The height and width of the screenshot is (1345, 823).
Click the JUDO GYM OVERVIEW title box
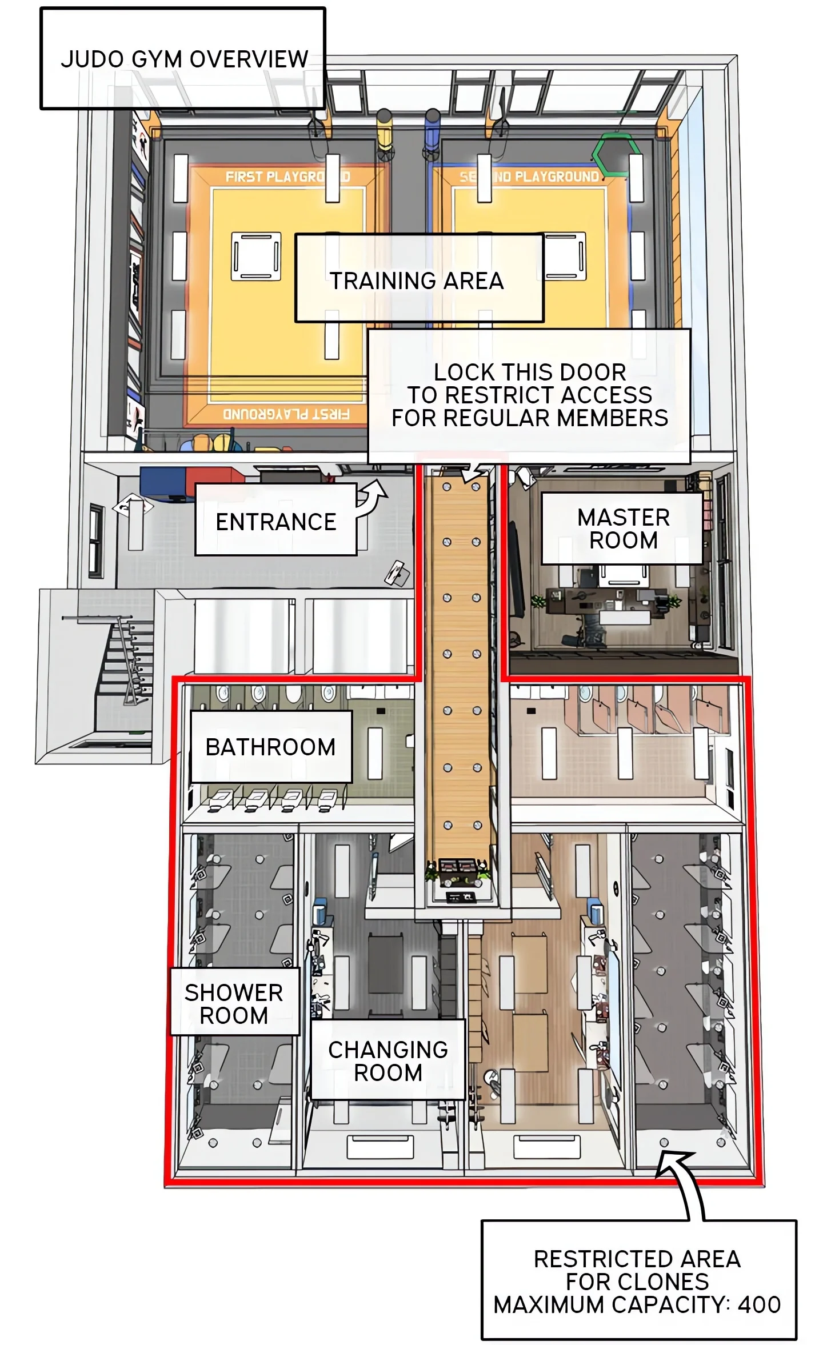click(183, 58)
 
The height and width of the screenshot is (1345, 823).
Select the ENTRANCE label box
click(275, 519)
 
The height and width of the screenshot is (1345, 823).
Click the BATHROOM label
click(271, 747)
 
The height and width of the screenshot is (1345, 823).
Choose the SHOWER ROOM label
click(234, 1004)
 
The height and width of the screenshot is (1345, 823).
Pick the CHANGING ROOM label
click(388, 1061)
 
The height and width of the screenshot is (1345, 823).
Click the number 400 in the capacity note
click(759, 1304)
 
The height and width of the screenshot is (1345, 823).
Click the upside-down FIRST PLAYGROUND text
click(286, 414)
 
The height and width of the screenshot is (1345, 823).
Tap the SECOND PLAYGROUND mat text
click(530, 177)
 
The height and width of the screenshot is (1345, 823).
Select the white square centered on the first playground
click(256, 256)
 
